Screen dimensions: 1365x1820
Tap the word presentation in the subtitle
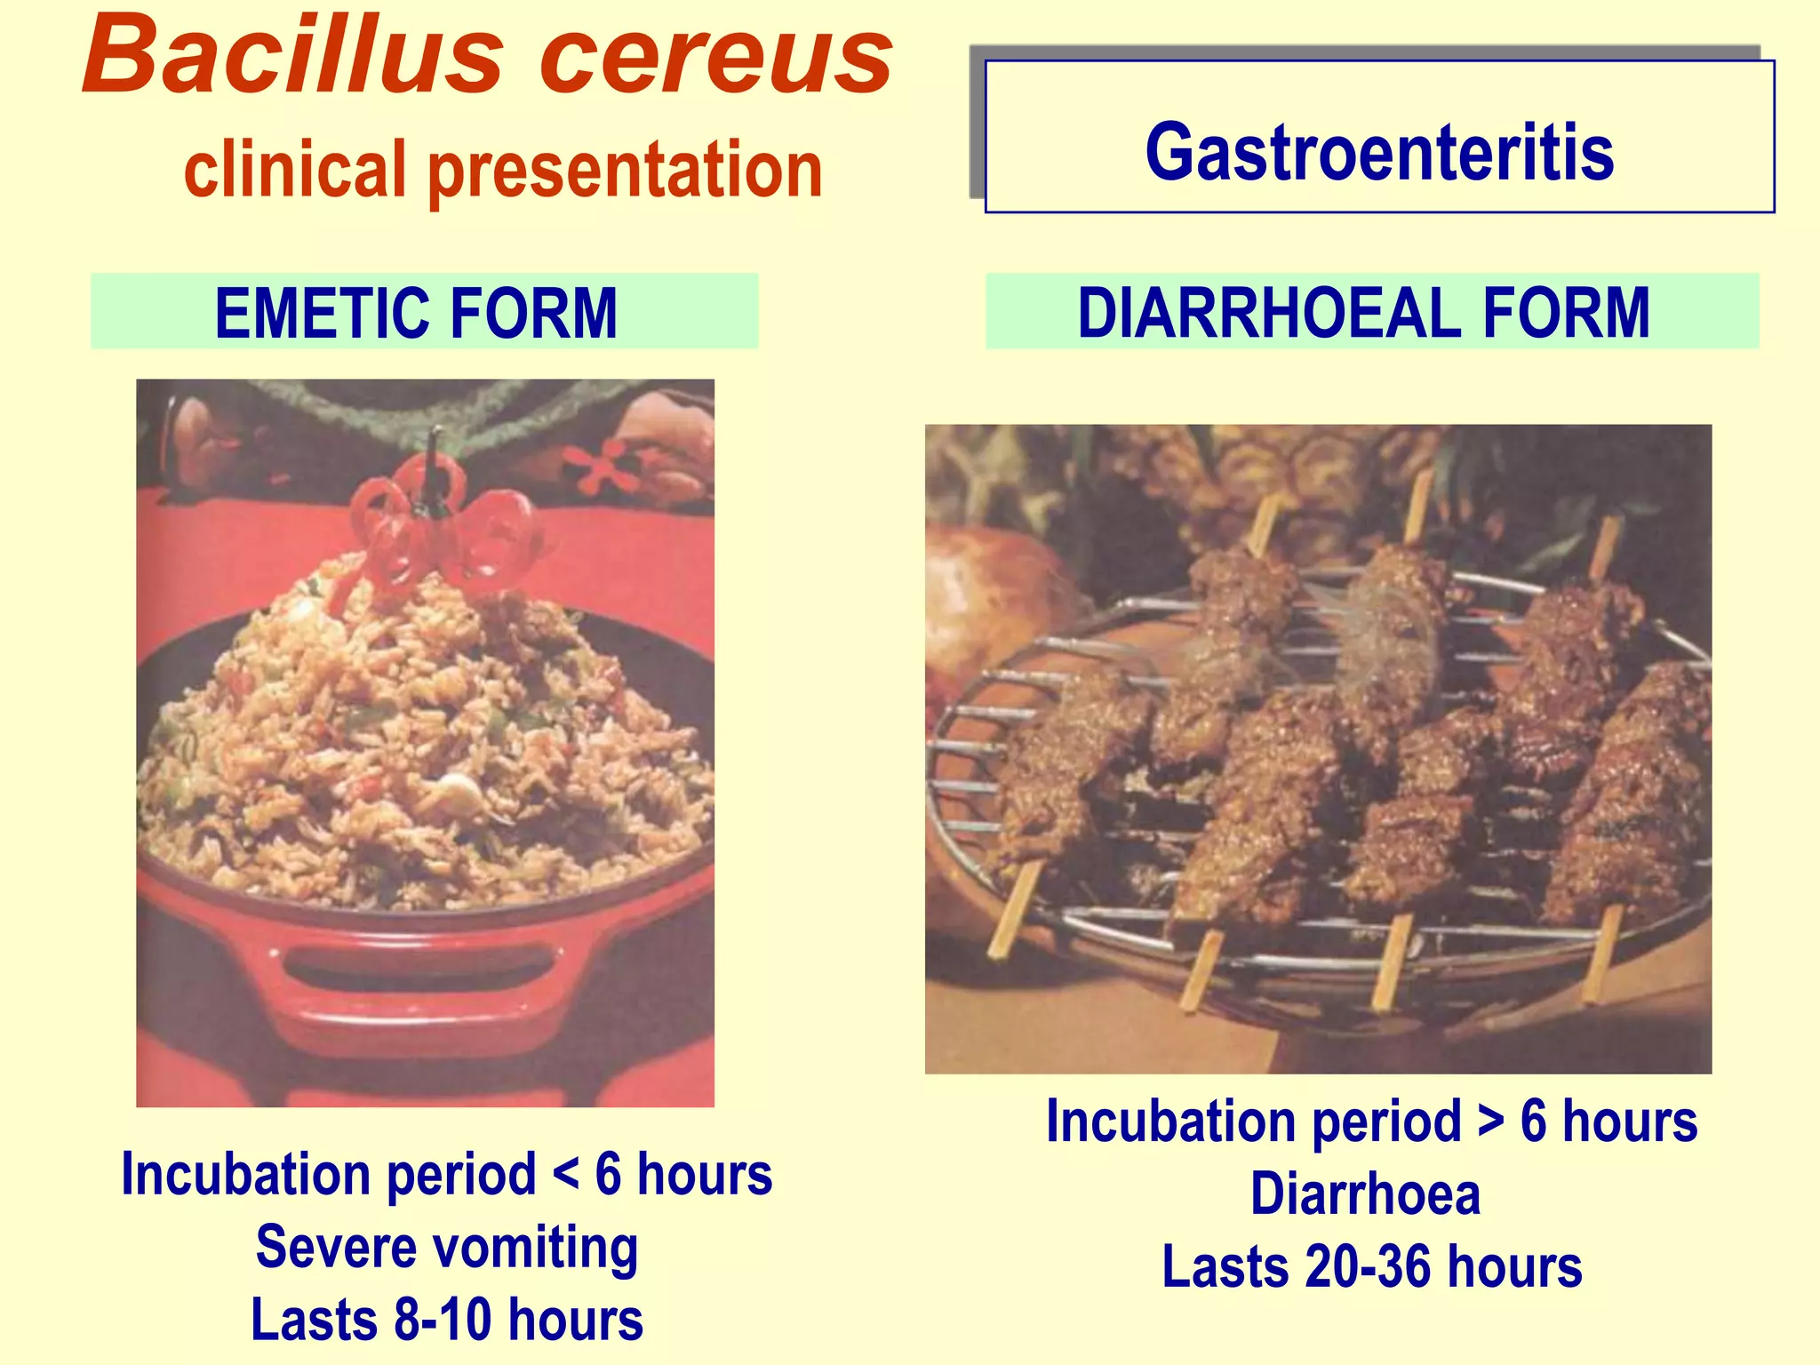click(626, 171)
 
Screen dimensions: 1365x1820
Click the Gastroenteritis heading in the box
click(1378, 153)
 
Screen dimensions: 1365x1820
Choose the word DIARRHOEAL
click(1269, 313)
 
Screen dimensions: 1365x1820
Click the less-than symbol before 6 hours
click(566, 1176)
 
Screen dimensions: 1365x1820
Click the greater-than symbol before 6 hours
click(1490, 1122)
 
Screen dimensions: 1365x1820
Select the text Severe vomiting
click(446, 1247)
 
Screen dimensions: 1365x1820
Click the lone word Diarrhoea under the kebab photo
click(1365, 1193)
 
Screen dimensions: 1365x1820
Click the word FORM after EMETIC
click(533, 313)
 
